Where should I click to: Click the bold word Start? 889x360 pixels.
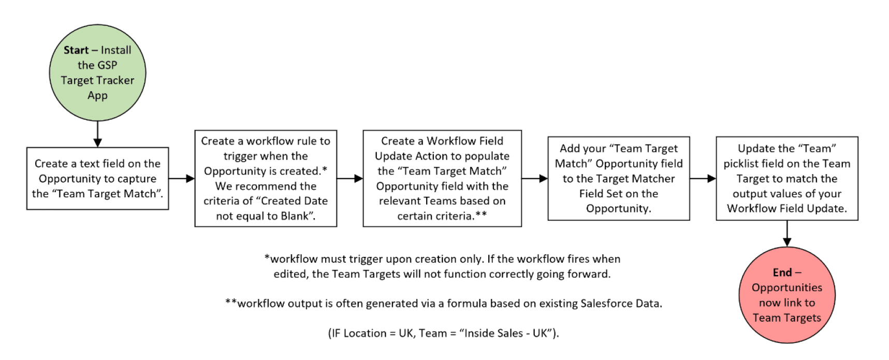[x=76, y=50]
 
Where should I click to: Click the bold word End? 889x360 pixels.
[x=782, y=272]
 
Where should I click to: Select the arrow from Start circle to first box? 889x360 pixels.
[x=97, y=135]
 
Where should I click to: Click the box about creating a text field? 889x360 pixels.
[x=97, y=179]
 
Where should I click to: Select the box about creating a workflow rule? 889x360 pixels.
[x=266, y=179]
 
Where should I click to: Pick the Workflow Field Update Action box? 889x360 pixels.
[x=442, y=179]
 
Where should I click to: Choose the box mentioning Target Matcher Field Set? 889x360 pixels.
[x=618, y=179]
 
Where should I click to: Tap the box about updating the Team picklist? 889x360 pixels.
[x=786, y=179]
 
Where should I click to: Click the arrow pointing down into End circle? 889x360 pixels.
[x=786, y=234]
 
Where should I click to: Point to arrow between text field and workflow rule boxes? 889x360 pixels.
[x=181, y=179]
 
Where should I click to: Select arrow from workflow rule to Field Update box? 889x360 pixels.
[x=349, y=179]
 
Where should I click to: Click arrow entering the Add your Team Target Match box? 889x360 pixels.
[x=534, y=179]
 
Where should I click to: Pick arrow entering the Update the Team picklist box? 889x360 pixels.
[x=703, y=179]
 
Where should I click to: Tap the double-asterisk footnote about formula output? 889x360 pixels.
[x=443, y=304]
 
